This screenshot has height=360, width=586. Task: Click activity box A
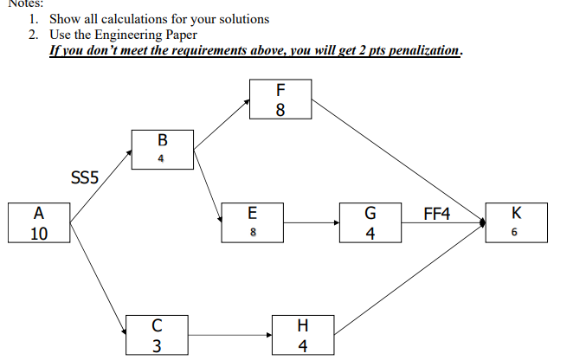click(x=39, y=222)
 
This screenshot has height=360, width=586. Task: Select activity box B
click(x=162, y=150)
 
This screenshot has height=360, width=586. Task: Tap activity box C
click(x=156, y=335)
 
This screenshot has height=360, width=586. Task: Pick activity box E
click(x=253, y=222)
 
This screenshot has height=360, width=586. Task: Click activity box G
click(x=370, y=222)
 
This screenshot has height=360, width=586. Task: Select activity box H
click(x=301, y=335)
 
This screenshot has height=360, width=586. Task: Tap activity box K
click(x=517, y=222)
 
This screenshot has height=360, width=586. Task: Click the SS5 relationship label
click(x=84, y=177)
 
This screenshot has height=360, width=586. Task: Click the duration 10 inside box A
click(x=39, y=233)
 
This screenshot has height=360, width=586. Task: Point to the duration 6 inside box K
click(x=517, y=234)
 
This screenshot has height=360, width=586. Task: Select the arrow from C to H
click(x=229, y=335)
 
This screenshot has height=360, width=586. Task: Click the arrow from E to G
click(x=312, y=222)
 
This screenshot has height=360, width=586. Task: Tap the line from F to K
click(x=398, y=160)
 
